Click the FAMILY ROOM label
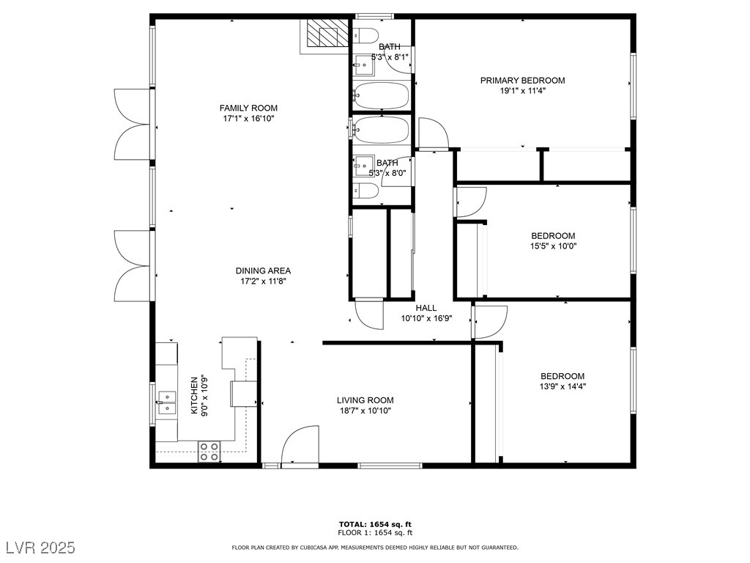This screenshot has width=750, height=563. coord(248,108)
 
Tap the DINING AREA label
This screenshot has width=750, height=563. coord(263,271)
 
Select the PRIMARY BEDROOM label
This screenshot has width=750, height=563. coord(522,81)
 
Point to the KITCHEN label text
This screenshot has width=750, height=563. coord(194,395)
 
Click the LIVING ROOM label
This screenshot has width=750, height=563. coord(365,400)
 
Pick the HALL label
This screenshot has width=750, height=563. coord(426,308)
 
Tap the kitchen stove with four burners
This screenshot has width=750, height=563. coord(209,452)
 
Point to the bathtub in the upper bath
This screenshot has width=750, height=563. coord(381,96)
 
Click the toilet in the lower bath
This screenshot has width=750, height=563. coord(365,191)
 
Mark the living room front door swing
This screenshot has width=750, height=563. coord(300,445)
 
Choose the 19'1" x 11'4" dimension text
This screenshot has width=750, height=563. coord(523,91)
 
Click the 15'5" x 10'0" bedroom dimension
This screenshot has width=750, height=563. coord(554,246)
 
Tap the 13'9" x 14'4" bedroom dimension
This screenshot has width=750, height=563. coord(562,386)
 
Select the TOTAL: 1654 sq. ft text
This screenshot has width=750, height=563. coord(375,524)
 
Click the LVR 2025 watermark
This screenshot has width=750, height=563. coord(41,547)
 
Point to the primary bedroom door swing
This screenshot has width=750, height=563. coord(434,133)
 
